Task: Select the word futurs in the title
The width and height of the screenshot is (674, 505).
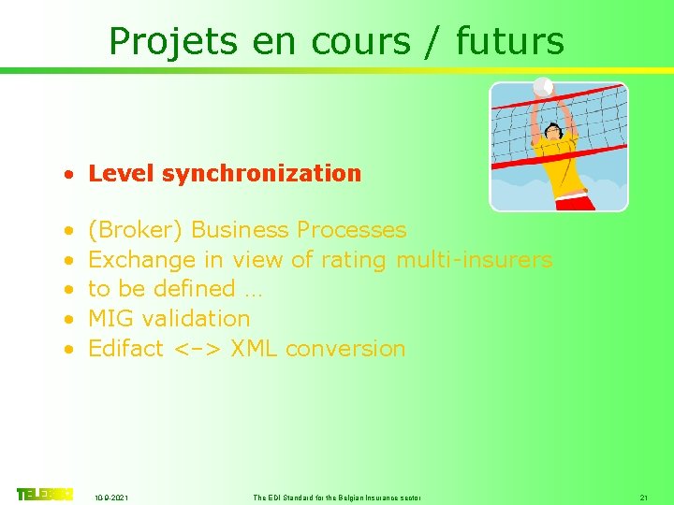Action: (510, 42)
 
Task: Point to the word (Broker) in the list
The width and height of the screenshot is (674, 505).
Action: (135, 230)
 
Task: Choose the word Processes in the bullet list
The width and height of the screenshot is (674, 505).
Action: (351, 230)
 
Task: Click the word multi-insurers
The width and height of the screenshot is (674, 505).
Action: (474, 259)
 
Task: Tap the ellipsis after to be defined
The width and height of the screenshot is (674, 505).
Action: (253, 291)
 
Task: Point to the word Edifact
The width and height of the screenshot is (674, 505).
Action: (125, 349)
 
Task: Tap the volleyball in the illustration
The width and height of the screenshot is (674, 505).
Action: (542, 87)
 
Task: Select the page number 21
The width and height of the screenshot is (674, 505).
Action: (643, 498)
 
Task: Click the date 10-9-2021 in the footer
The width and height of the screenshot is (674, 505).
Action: (112, 498)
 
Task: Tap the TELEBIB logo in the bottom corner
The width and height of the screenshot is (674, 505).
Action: (44, 494)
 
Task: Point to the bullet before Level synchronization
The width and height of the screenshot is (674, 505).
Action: (69, 174)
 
